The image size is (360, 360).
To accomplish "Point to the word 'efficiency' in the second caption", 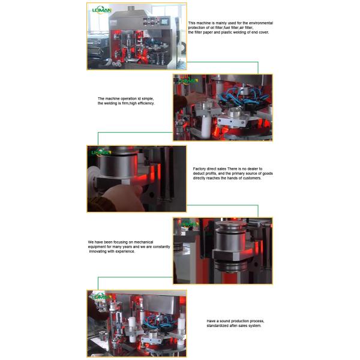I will pyautogui.click(x=145, y=103).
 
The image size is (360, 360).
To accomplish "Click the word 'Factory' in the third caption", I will pyautogui.click(x=201, y=169).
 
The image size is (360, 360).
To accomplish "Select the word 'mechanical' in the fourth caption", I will pyautogui.click(x=150, y=242).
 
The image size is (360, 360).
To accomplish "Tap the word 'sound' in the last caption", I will pyautogui.click(x=224, y=320).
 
